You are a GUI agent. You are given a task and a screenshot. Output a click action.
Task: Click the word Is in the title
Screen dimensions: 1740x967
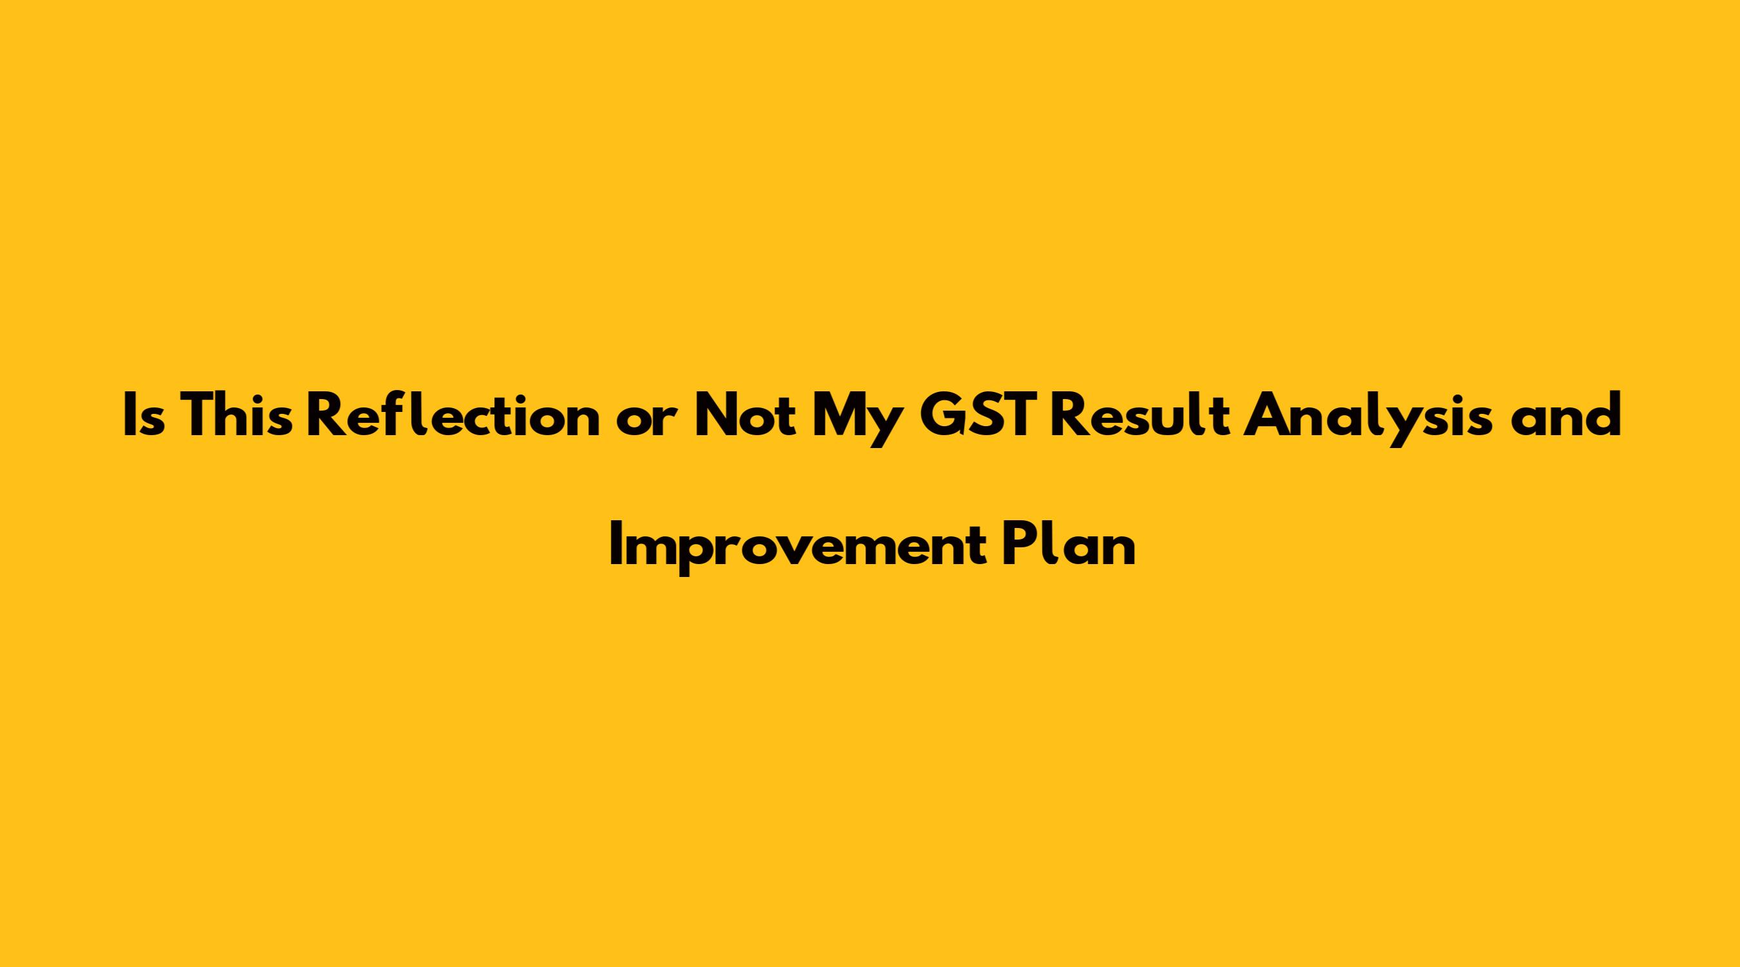144,416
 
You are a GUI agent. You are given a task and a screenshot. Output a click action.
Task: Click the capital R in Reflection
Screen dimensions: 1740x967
326,416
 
